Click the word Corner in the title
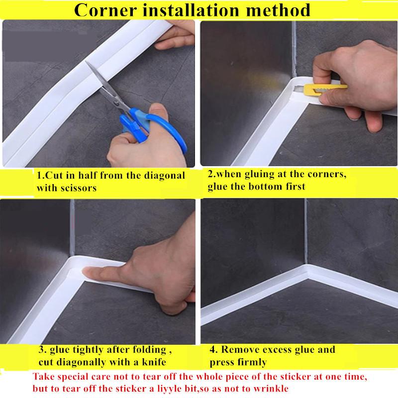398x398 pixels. coord(105,10)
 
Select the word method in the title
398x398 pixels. coord(278,10)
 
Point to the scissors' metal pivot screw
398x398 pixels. coord(117,103)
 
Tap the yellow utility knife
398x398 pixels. coord(325,89)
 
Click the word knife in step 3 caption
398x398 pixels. coord(154,362)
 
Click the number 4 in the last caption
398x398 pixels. coord(213,350)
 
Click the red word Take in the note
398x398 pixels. coord(43,377)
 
